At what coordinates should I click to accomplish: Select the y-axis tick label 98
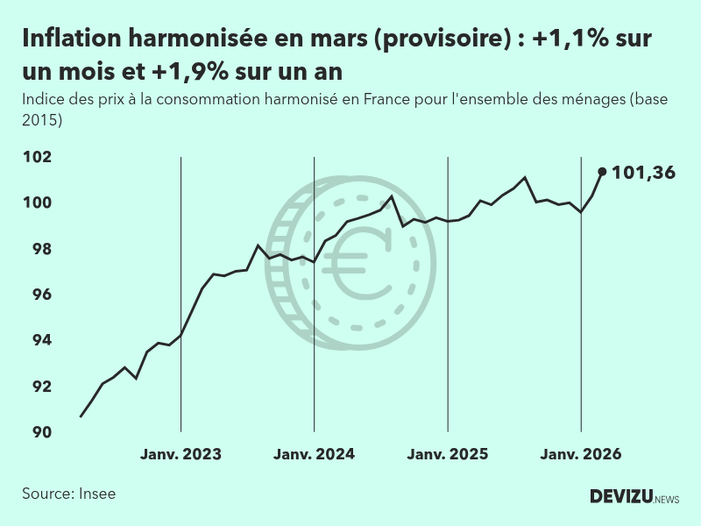point(41,249)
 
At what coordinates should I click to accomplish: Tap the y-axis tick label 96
point(41,295)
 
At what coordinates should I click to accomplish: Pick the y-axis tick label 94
point(41,340)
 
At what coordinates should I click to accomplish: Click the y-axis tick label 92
point(41,387)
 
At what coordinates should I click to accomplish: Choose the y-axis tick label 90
point(41,432)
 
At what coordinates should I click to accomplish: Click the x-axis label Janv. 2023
point(181,454)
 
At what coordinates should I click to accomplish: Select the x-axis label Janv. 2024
point(314,454)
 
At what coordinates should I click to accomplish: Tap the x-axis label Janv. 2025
point(448,454)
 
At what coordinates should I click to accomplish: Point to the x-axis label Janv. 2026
point(581,454)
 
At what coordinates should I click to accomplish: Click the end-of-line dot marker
point(602,172)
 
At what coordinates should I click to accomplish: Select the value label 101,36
point(643,173)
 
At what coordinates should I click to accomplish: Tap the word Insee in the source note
point(96,494)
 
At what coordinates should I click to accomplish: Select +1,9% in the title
point(192,68)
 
